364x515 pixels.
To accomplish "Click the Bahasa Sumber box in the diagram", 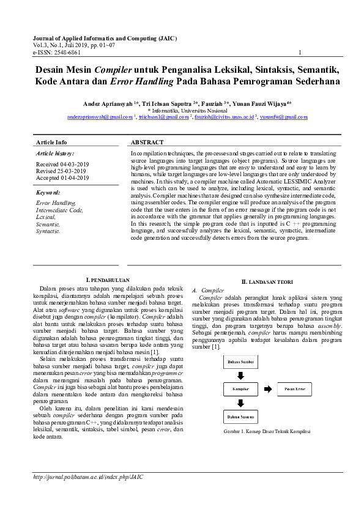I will [240, 361].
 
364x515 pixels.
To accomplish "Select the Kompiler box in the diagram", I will [240, 389].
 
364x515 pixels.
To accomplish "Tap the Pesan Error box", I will [298, 389].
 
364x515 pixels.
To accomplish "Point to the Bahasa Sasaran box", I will [240, 417].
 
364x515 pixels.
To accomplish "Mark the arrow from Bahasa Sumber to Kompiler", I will [240, 375].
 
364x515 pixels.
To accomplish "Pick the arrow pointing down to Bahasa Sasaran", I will [240, 402].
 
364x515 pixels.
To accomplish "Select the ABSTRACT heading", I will [147, 142].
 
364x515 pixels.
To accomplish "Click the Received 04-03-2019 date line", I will [62, 165].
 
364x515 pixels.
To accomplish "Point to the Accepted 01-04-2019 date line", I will [62, 178].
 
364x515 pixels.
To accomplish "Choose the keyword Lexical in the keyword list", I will [46, 217].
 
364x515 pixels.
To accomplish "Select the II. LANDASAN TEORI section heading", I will [267, 282].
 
